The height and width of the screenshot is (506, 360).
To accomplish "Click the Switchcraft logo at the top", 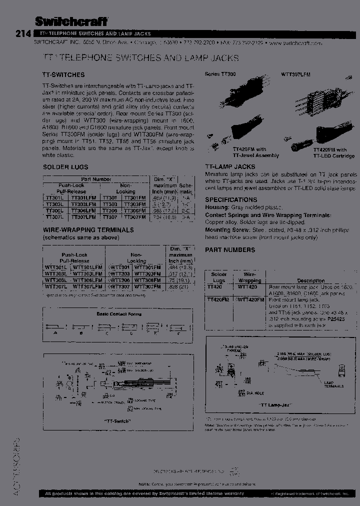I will pyautogui.click(x=71, y=20).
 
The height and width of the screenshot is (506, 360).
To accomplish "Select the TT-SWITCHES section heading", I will pyautogui.click(x=63, y=74).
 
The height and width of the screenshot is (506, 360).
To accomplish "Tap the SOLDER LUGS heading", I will pyautogui.click(x=65, y=166).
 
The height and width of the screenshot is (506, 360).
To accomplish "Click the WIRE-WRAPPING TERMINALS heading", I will pyautogui.click(x=88, y=230).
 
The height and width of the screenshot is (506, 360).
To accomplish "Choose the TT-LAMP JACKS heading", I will pyautogui.click(x=230, y=166).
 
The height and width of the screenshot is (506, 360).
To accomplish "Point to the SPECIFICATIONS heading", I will pyautogui.click(x=231, y=199).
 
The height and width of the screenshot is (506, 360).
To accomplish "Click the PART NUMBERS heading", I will pyautogui.click(x=230, y=249).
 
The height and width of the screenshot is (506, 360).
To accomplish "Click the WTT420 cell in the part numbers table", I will pyautogui.click(x=248, y=287).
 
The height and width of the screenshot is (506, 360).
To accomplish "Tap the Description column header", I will pyautogui.click(x=310, y=281).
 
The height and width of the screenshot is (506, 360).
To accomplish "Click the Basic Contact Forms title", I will pyautogui.click(x=119, y=314).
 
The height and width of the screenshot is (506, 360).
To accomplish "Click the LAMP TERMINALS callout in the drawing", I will pyautogui.click(x=333, y=384).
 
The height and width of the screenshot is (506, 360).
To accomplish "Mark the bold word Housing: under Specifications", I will pyautogui.click(x=217, y=207).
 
